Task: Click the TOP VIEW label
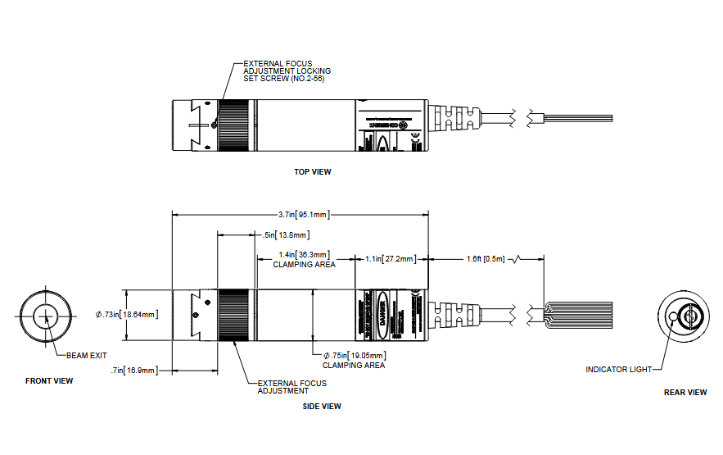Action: click(x=313, y=172)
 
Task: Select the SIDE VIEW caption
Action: click(x=322, y=406)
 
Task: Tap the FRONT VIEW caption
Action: click(x=49, y=380)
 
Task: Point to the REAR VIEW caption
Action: click(x=685, y=392)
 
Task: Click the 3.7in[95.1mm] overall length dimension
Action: click(x=303, y=215)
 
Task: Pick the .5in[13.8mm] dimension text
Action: click(x=282, y=235)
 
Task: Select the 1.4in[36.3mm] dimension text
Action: click(x=304, y=255)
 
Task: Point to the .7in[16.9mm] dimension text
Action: click(x=134, y=371)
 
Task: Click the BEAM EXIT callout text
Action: click(x=87, y=355)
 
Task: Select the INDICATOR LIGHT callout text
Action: click(x=618, y=369)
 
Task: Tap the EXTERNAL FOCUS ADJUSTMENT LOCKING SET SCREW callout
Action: click(x=287, y=71)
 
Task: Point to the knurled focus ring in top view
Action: click(x=236, y=125)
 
